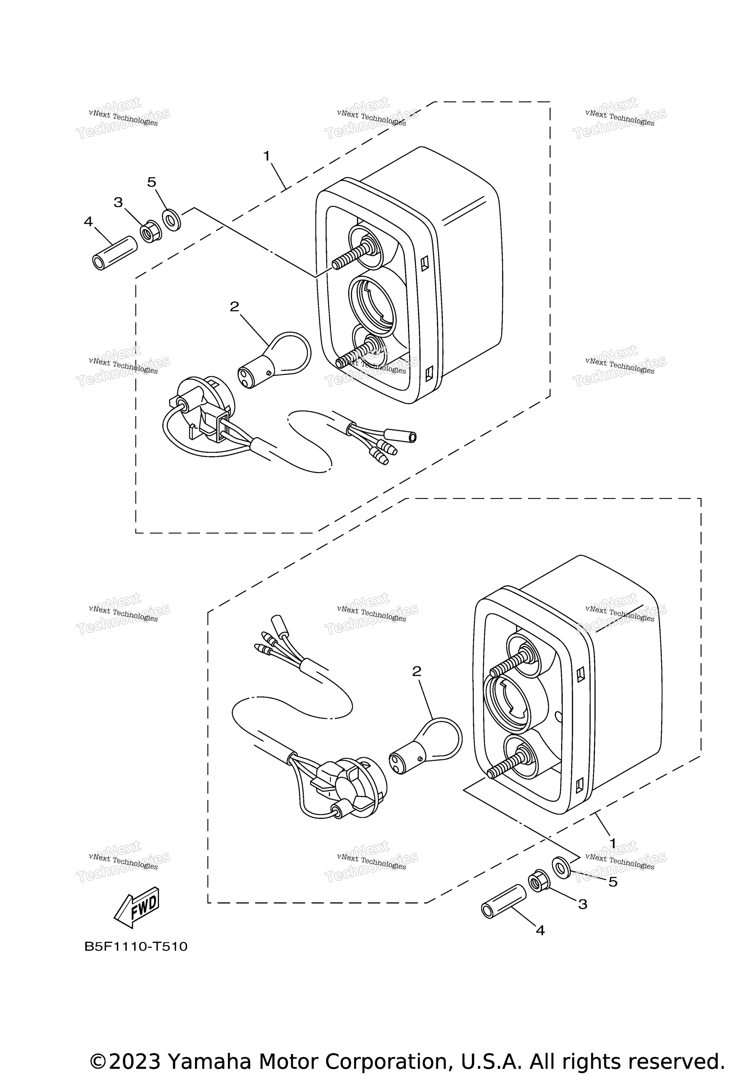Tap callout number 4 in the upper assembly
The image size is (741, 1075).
pos(88,221)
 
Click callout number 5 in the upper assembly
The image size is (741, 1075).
pos(152,182)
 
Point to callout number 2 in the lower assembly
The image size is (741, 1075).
pos(417,671)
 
